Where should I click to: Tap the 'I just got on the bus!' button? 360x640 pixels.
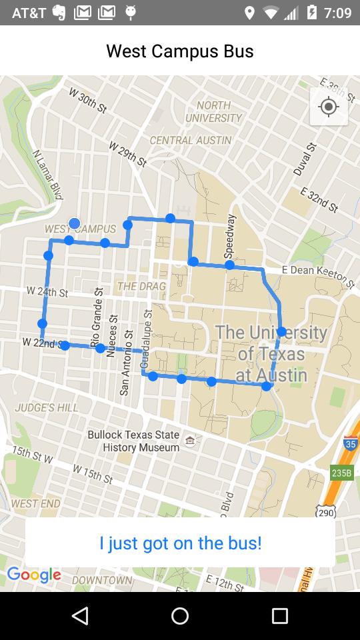(180, 543)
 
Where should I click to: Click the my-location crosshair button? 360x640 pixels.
(329, 107)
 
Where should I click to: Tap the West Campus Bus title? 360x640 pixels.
(180, 51)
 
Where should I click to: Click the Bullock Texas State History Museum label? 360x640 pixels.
(133, 441)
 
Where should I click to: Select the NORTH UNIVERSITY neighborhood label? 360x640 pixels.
(213, 111)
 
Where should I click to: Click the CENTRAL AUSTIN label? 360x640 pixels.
(191, 140)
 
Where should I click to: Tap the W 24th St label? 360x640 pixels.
(47, 292)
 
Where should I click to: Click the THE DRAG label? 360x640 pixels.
(141, 286)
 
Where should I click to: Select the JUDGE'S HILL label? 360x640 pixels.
(47, 407)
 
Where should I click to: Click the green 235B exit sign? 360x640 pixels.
(341, 473)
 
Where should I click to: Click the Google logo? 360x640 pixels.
(34, 575)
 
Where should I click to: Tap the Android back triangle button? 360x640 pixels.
(80, 616)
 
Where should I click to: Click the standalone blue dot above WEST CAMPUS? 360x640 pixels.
(75, 223)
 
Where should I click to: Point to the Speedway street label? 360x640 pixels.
(231, 237)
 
